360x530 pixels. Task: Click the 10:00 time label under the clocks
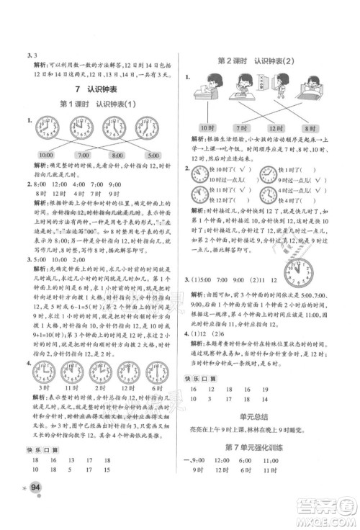45,155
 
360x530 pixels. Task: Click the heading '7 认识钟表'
98,90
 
